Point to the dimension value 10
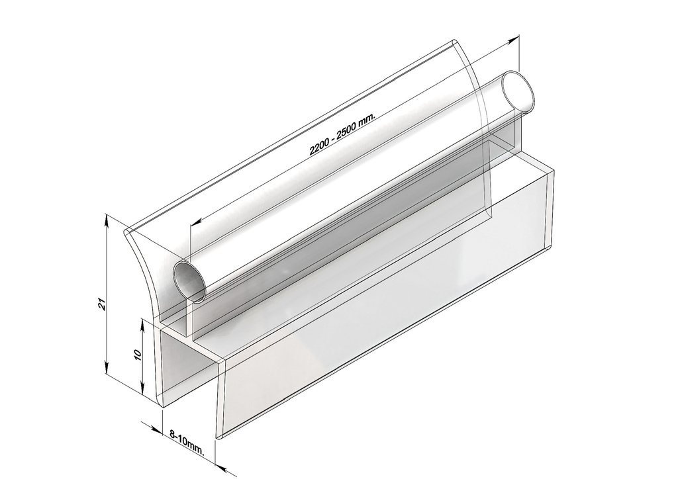(x=137, y=355)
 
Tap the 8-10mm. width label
(x=187, y=441)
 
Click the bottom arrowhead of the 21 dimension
(x=107, y=370)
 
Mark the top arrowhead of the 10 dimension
(x=143, y=324)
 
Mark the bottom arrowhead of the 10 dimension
(x=143, y=390)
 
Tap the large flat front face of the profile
(x=384, y=318)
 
